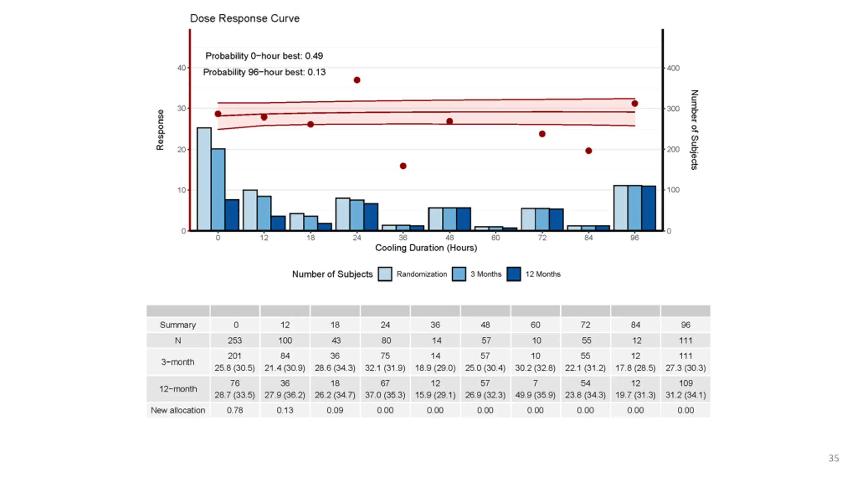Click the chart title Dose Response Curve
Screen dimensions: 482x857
click(244, 18)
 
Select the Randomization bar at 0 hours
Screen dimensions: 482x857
click(204, 179)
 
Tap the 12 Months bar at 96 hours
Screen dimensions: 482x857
click(649, 208)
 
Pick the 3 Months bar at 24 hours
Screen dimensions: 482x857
click(357, 215)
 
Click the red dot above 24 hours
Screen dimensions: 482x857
click(357, 80)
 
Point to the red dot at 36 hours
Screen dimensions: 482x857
click(403, 166)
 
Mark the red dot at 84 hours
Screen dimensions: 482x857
click(589, 151)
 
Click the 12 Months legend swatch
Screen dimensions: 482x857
click(514, 274)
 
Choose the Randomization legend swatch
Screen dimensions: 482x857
click(385, 274)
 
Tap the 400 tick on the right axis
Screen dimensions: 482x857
click(673, 68)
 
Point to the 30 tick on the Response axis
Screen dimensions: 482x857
click(181, 108)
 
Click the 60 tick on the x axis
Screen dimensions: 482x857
click(496, 238)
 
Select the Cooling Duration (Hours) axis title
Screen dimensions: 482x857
click(426, 248)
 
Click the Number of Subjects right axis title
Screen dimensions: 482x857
click(694, 130)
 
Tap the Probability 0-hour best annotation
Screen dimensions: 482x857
click(264, 56)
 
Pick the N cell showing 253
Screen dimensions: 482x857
click(235, 341)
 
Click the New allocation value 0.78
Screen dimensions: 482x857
click(235, 410)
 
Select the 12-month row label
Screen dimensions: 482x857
click(178, 389)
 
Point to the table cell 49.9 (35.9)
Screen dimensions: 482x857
click(535, 395)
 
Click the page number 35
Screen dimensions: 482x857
click(834, 458)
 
